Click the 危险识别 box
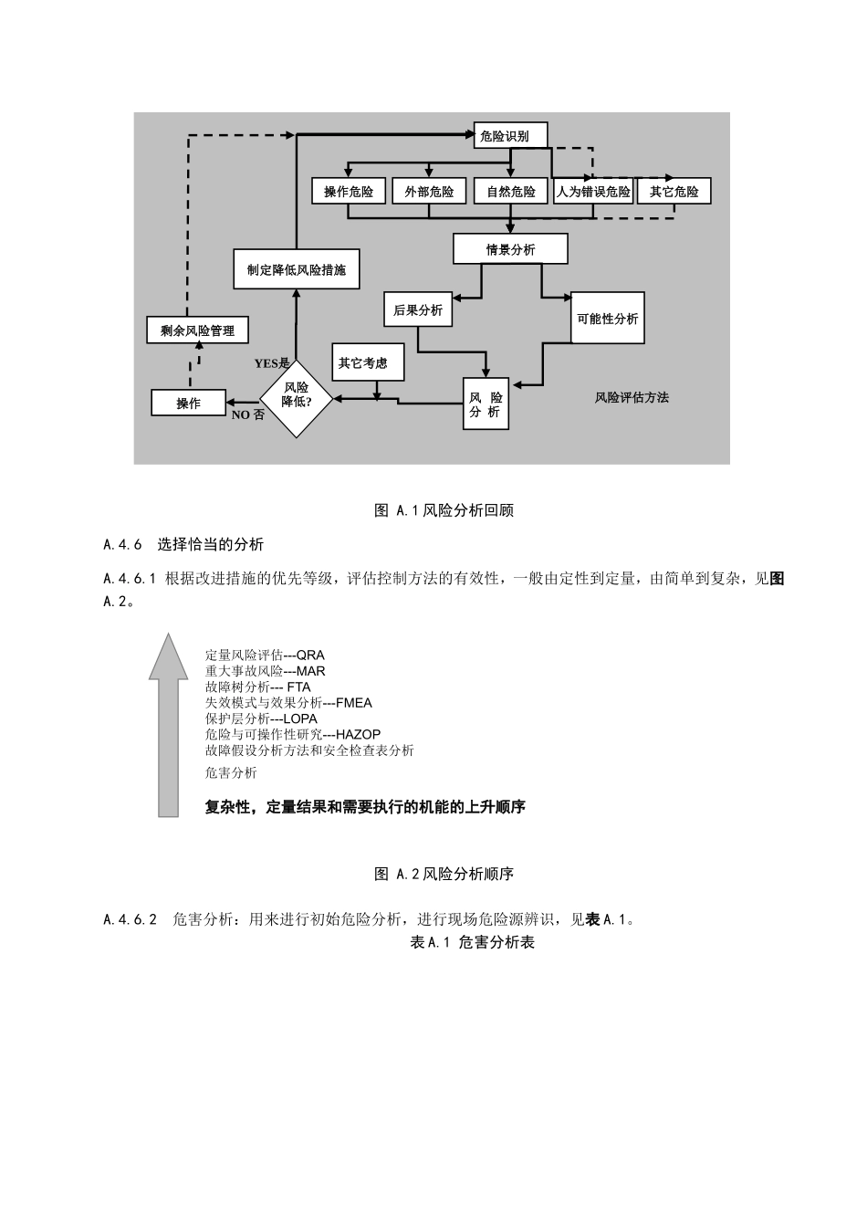[511, 136]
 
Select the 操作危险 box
[350, 191]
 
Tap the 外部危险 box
[429, 191]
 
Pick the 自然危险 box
[511, 191]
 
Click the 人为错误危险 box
[593, 191]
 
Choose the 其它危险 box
[674, 191]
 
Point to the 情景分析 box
[510, 249]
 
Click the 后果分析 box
[418, 310]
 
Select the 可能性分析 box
[608, 319]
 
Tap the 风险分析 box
[486, 404]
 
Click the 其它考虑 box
[362, 362]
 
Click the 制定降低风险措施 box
[297, 270]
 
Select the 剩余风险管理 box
[197, 330]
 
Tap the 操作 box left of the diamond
[189, 403]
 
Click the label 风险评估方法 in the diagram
[632, 397]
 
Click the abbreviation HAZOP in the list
[359, 734]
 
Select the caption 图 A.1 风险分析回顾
[444, 510]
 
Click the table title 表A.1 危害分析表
[473, 942]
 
